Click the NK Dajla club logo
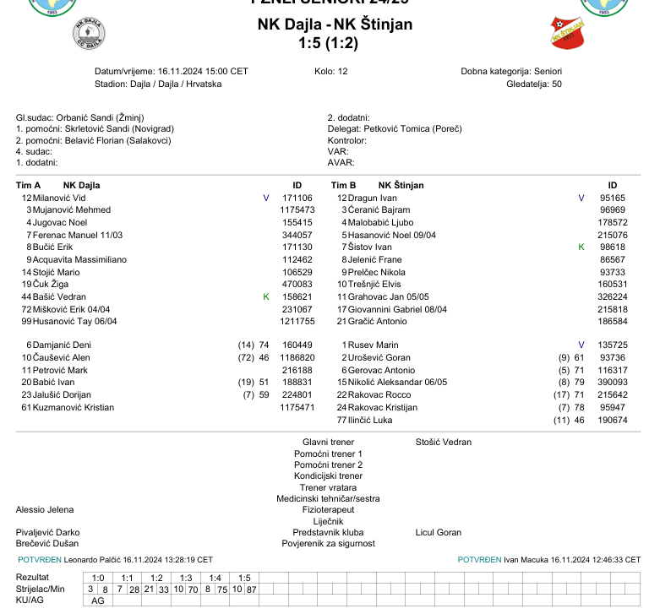(89, 35)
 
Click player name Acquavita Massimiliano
(79, 259)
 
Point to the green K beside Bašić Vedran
(266, 297)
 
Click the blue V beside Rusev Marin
(581, 345)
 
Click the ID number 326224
(612, 297)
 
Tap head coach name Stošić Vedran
(444, 442)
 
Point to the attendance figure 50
(556, 84)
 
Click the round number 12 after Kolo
(342, 72)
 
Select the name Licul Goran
(439, 533)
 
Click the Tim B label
(343, 185)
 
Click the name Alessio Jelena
(45, 510)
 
